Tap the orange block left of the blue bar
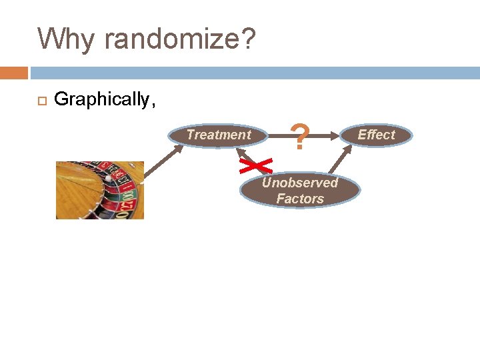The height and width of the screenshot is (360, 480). tap(13, 73)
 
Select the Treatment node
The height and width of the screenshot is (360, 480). tap(219, 135)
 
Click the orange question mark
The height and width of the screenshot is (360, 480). tap(301, 137)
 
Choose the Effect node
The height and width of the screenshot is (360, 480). tap(376, 135)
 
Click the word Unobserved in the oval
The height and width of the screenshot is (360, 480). tap(300, 183)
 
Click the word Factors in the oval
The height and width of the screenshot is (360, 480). tap(300, 199)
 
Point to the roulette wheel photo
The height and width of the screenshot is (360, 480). tap(100, 190)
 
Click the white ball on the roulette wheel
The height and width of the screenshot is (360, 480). tap(108, 178)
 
